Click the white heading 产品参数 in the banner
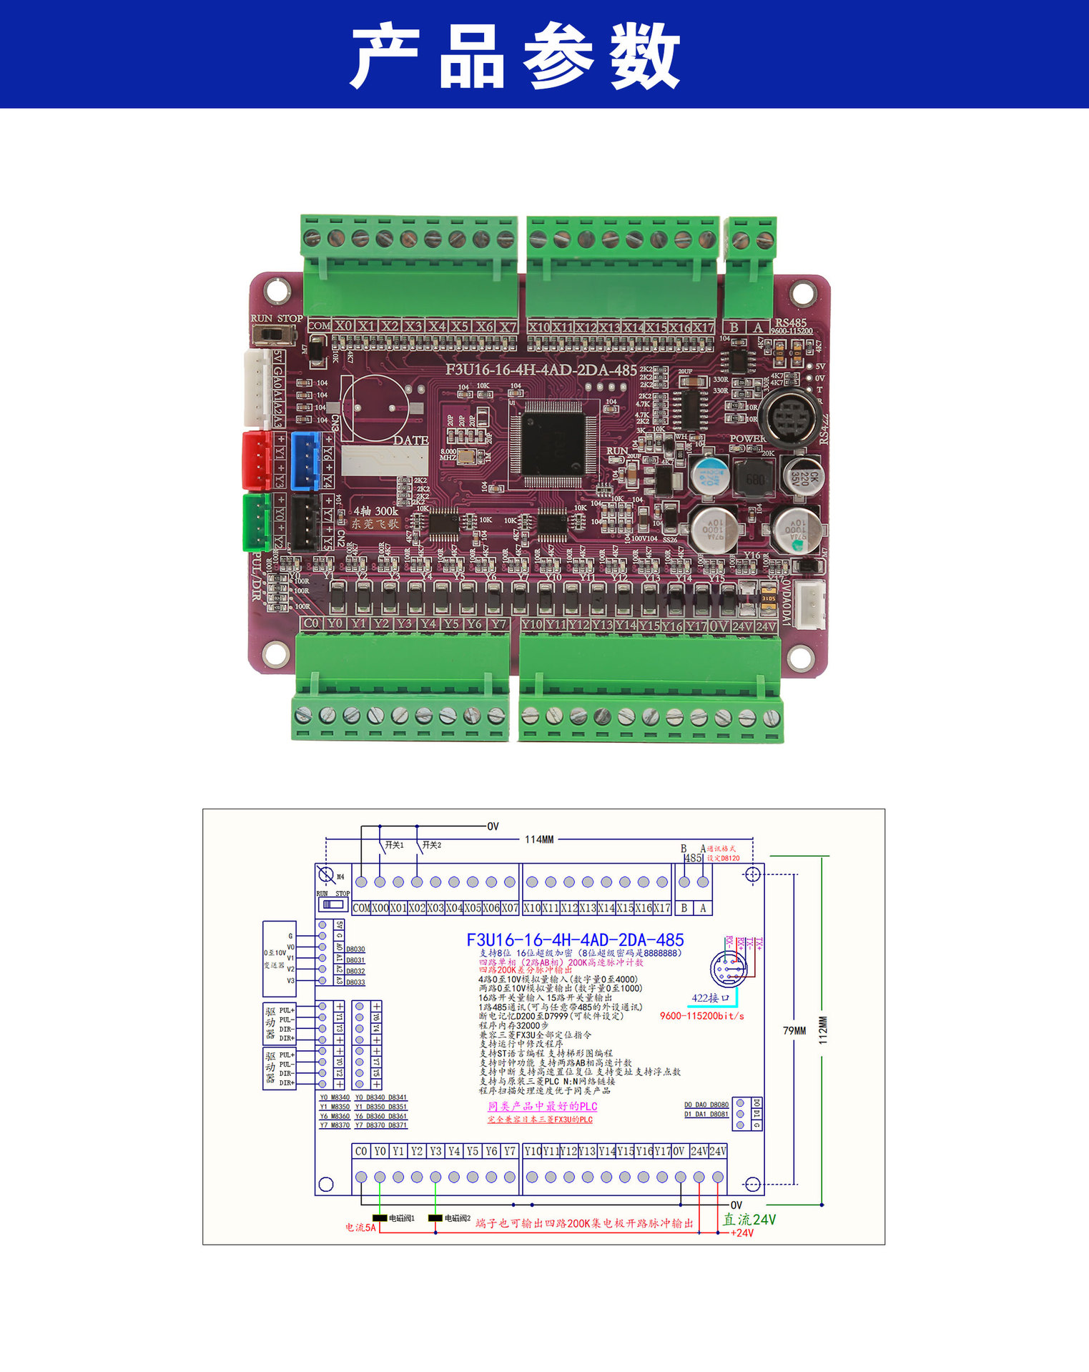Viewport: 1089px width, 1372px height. click(515, 55)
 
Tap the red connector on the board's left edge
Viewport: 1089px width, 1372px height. click(255, 458)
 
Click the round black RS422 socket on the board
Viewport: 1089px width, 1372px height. click(789, 415)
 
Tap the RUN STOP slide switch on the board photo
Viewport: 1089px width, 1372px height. click(274, 334)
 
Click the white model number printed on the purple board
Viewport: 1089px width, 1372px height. click(541, 370)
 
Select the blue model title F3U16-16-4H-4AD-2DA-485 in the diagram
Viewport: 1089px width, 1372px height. click(575, 940)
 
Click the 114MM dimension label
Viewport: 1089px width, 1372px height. click(539, 839)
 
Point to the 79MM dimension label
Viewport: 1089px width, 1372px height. click(794, 1030)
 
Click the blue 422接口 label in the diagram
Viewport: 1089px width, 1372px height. click(710, 998)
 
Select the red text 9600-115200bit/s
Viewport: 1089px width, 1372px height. click(701, 1016)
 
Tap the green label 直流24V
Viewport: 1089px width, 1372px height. click(749, 1220)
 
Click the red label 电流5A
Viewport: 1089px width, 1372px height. click(360, 1228)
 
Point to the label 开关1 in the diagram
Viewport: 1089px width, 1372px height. click(394, 845)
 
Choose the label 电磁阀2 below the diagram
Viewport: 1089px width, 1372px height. click(457, 1218)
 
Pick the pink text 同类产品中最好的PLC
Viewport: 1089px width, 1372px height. click(542, 1107)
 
